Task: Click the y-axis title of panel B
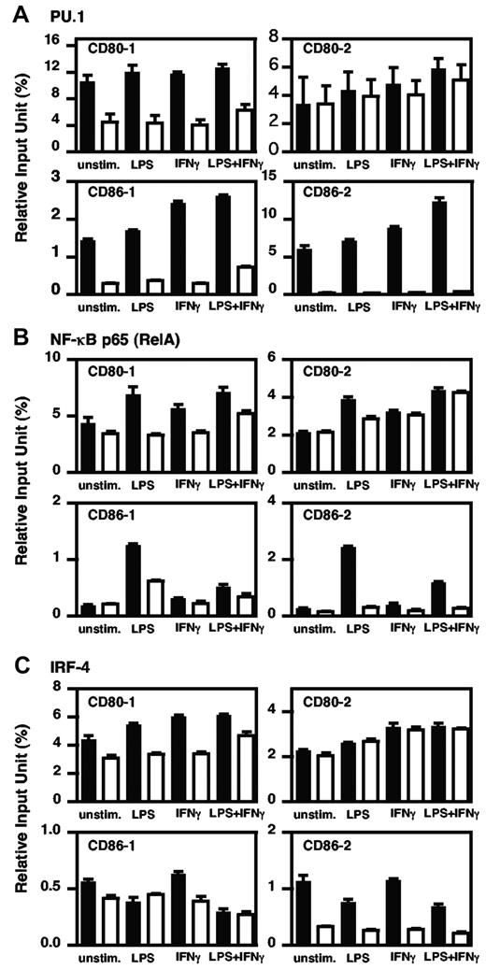(17, 486)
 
